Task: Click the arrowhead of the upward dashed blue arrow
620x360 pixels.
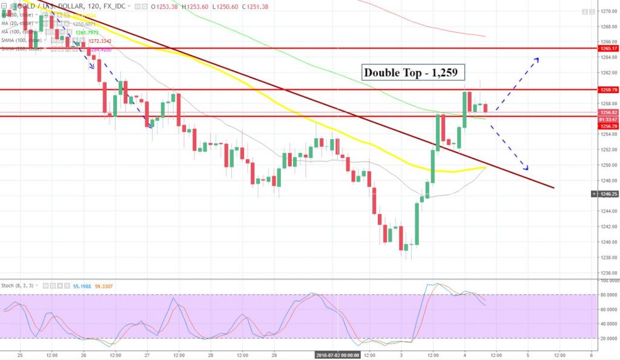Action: pos(537,58)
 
